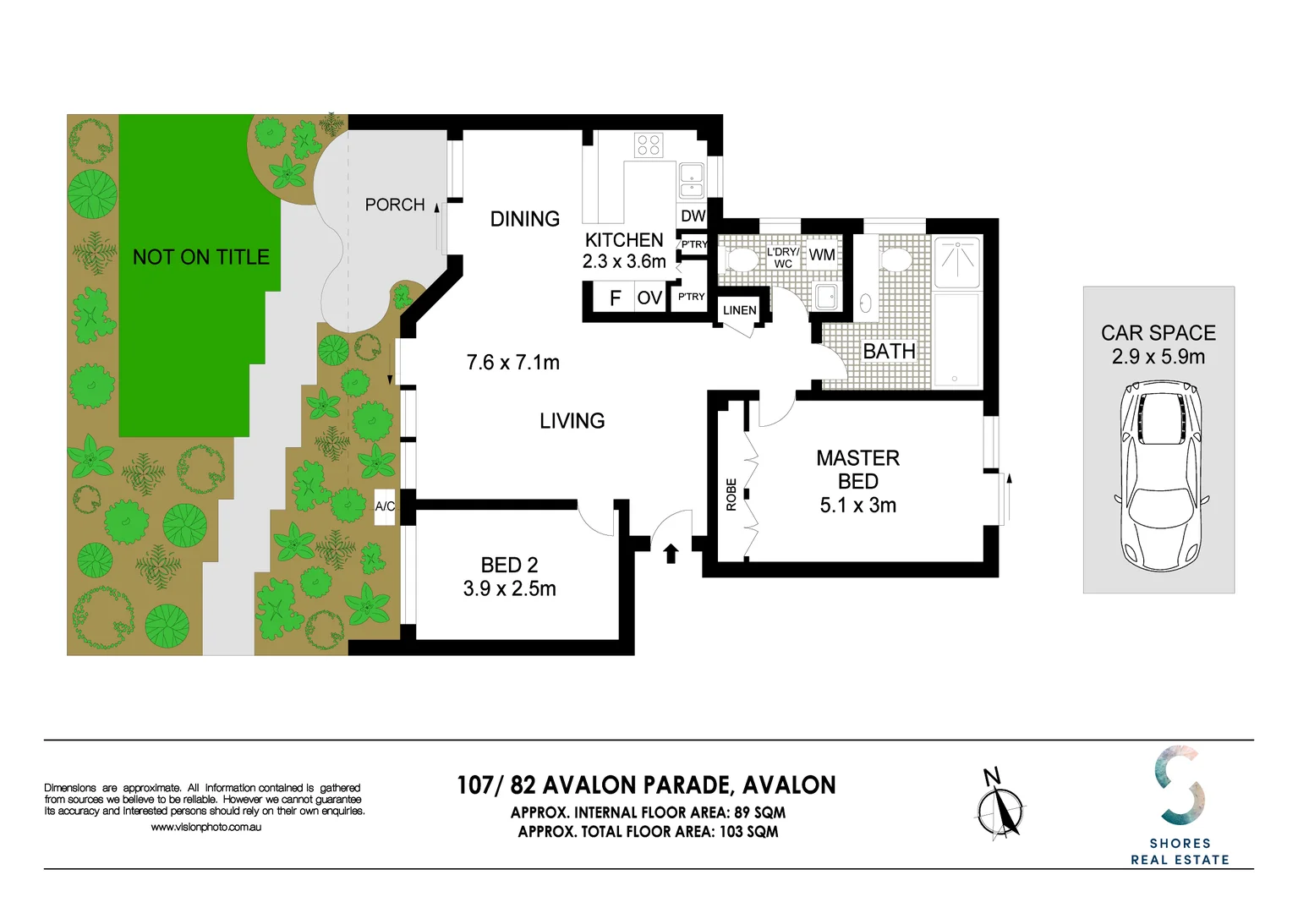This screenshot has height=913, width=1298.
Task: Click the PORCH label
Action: point(395,205)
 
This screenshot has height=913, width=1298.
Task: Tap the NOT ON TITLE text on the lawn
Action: point(201,257)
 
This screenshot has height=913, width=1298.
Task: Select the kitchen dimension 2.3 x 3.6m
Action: point(624,261)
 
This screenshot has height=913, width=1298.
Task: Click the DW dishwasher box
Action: point(693,216)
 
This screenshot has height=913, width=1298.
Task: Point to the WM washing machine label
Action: point(822,254)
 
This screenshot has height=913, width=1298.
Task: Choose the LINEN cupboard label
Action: point(739,310)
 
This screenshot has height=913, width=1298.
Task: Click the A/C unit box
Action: point(385,506)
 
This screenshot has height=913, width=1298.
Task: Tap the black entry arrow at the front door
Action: point(671,553)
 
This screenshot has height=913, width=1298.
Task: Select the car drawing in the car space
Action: point(1161,476)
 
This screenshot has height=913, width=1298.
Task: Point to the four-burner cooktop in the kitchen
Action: point(648,145)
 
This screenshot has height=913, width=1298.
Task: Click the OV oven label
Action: point(649,298)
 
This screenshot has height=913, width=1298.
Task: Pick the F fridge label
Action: point(616,298)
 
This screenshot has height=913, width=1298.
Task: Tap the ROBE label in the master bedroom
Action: point(731,495)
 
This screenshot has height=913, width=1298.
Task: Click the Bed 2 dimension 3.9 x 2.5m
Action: point(509,588)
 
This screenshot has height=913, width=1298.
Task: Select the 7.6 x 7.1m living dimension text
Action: point(512,363)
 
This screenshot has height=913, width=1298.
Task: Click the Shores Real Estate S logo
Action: point(1180,785)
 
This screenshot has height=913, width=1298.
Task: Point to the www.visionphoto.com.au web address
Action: point(205,828)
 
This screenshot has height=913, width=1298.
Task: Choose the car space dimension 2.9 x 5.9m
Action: point(1158,356)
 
